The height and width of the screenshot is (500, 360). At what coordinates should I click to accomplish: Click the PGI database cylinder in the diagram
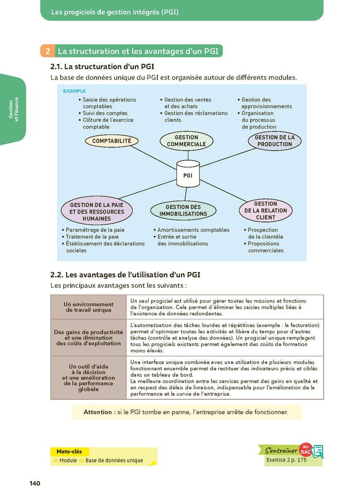188,173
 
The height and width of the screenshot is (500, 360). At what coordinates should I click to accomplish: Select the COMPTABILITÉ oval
112,140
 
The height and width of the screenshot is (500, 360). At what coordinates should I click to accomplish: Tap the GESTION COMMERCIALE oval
186,141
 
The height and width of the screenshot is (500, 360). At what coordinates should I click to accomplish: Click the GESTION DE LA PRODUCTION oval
275,141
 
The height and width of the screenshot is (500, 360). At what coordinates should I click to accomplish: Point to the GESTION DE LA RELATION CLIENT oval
265,210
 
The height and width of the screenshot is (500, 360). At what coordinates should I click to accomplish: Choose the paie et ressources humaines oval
97,211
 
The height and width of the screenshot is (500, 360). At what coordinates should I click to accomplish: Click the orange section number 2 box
47,51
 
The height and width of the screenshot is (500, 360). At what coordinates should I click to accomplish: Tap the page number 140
35,484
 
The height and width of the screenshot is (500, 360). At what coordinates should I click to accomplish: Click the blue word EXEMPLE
74,91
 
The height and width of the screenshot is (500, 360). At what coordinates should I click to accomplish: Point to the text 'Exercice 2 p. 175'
288,460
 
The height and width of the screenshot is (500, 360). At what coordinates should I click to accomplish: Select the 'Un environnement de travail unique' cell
88,307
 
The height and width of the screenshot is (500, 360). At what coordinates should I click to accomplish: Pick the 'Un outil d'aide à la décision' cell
88,378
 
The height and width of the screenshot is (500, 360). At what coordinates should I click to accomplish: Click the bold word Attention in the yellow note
98,412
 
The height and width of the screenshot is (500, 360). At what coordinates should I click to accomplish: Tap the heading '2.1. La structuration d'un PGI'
102,67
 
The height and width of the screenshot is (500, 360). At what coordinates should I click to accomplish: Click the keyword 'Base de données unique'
114,460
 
